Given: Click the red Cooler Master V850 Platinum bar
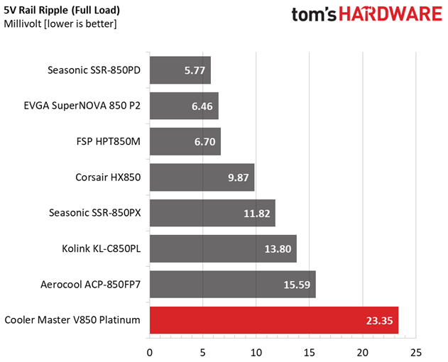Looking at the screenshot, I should (x=273, y=320).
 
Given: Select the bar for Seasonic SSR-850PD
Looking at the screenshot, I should (x=180, y=70).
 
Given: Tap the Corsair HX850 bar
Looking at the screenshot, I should (x=202, y=177).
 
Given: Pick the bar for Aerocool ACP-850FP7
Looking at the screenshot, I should (x=232, y=285).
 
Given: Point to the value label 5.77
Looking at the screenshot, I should (x=192, y=70).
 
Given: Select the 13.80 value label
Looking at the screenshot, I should (x=277, y=249).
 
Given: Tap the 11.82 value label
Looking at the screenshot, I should (x=256, y=213).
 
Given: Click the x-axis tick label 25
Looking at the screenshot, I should (x=415, y=352).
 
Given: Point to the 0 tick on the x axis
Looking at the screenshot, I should (x=150, y=352).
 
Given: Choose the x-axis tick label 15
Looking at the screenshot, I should (x=309, y=352).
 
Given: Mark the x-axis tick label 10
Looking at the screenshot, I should (x=256, y=352).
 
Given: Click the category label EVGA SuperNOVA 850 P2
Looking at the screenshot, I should (x=82, y=106).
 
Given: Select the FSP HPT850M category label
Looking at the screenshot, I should (x=108, y=141).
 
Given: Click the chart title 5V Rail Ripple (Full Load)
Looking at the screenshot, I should (x=62, y=11).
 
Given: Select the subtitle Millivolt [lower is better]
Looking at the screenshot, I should (x=60, y=24).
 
